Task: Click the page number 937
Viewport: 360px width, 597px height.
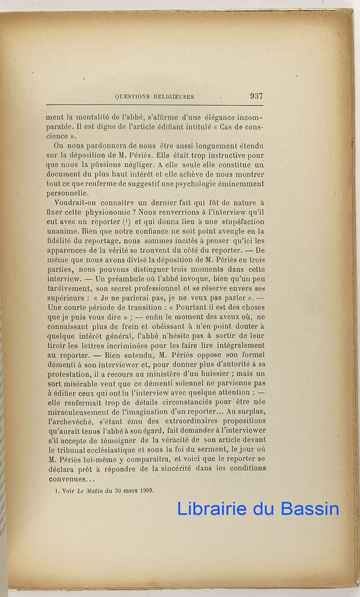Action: [x=256, y=97]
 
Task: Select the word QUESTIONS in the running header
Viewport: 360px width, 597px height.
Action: [x=132, y=97]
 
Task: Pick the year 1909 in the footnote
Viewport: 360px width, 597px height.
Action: [x=145, y=490]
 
